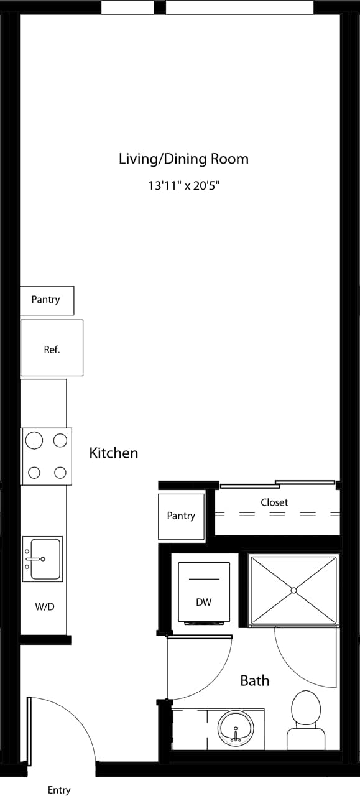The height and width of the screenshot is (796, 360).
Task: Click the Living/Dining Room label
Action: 183,159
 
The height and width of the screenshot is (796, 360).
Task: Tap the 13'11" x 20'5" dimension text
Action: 183,185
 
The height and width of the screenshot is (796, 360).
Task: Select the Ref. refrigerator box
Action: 52,349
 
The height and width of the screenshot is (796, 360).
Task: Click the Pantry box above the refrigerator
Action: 46,300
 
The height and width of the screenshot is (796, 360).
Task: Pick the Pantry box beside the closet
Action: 181,516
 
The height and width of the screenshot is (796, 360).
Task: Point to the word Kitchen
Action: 114,453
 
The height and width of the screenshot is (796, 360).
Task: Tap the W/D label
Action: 44,606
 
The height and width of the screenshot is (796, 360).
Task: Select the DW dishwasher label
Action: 203,602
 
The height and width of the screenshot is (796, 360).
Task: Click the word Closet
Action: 274,502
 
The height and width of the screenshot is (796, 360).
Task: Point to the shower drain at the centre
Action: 293,590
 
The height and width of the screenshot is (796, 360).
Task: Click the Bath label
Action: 255,680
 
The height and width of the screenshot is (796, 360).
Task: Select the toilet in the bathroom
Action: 306,715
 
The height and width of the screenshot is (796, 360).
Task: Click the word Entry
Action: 59,790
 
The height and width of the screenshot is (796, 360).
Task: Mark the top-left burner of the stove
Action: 34,441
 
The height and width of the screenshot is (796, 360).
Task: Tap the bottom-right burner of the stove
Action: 60,473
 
